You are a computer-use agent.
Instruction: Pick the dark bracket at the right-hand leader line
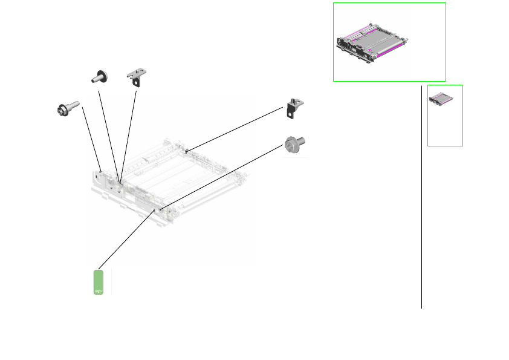coord(294,106)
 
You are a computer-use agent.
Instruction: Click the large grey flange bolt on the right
coord(295,145)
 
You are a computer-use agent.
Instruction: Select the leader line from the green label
coord(127,240)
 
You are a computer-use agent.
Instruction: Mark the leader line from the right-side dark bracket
coord(236,129)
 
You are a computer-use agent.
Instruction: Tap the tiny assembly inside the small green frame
coord(445,100)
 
